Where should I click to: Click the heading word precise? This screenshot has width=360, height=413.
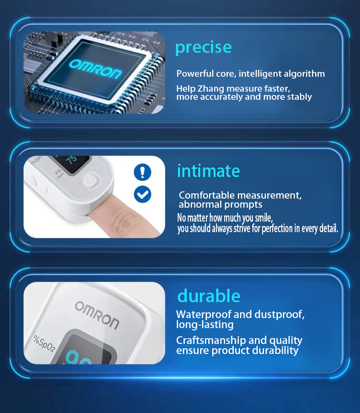[204, 47]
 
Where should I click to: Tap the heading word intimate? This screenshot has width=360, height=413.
[208, 171]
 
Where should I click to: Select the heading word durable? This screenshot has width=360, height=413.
[209, 296]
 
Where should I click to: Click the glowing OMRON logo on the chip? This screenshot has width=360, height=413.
[95, 69]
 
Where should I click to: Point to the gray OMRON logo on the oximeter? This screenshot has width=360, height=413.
[97, 315]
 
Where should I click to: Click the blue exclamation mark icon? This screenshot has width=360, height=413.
[143, 172]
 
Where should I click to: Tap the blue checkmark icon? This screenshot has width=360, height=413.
[143, 194]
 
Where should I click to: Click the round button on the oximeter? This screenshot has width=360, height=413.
[90, 181]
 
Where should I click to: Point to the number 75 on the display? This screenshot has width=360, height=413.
[72, 160]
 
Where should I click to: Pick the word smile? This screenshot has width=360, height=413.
[264, 218]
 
